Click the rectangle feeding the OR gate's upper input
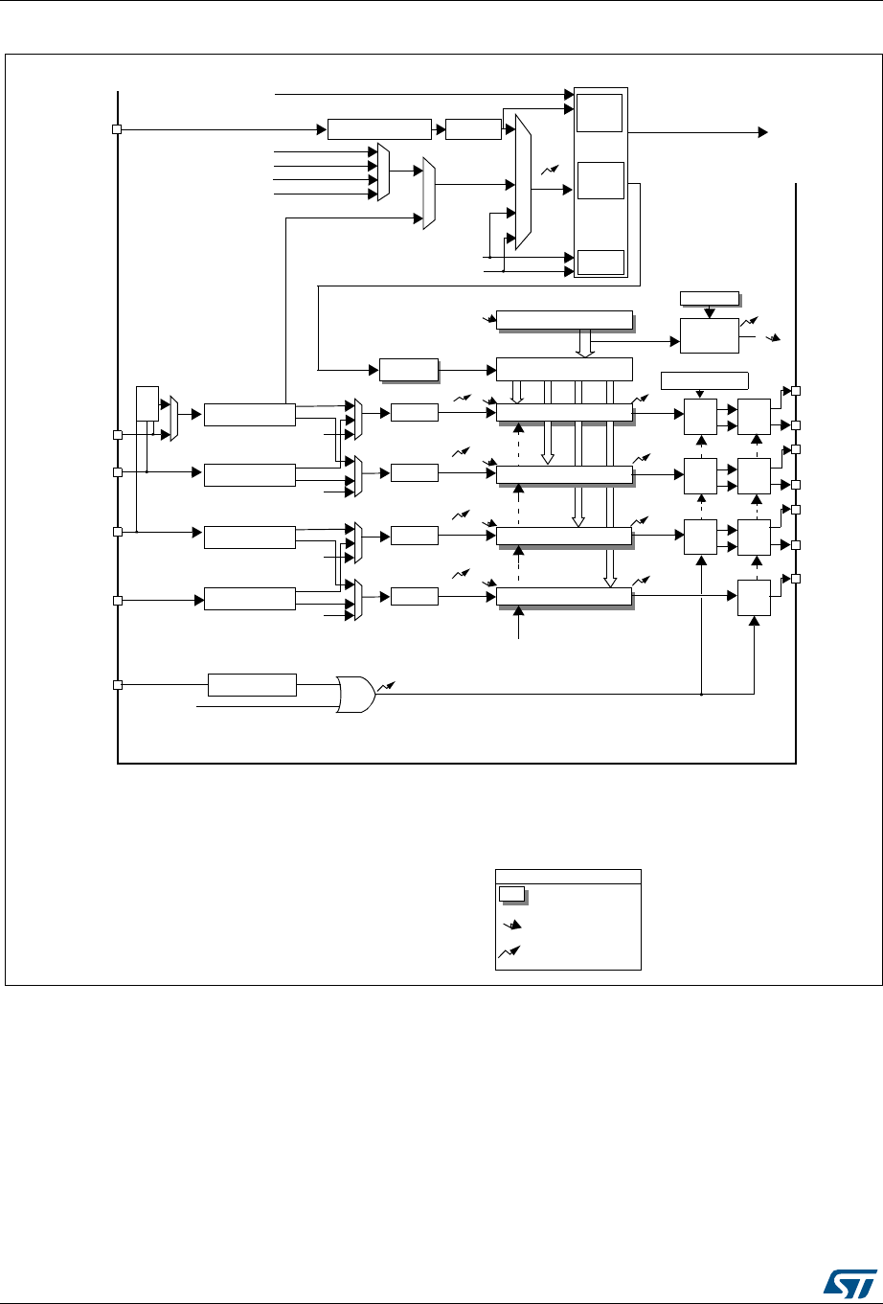tap(252, 685)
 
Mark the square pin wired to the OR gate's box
tap(117, 685)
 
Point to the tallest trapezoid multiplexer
tap(522, 182)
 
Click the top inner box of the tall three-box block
tap(599, 113)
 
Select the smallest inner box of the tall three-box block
tap(600, 262)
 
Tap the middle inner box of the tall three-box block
tap(600, 181)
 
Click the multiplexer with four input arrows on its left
tap(383, 173)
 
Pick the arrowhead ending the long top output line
tap(762, 131)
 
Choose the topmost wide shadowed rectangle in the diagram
tap(565, 319)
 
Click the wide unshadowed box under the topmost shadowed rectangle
tap(565, 368)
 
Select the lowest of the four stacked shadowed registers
tap(565, 597)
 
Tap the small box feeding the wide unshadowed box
tap(408, 368)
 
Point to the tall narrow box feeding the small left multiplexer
tap(147, 403)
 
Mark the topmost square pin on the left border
tap(117, 129)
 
